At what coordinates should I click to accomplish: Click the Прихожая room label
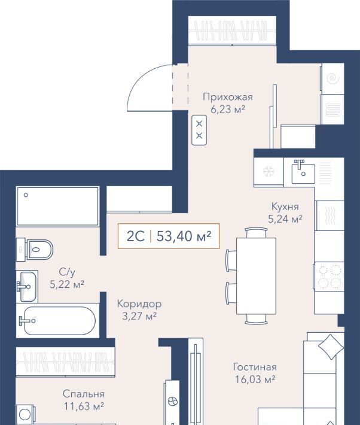click(x=228, y=97)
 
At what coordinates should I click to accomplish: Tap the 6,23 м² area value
click(x=228, y=110)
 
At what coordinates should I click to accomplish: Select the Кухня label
click(x=285, y=207)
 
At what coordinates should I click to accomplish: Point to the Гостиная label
click(x=255, y=367)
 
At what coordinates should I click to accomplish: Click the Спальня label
click(x=84, y=394)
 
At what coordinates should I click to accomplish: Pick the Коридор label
click(x=139, y=304)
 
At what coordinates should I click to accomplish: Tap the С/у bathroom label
click(x=67, y=272)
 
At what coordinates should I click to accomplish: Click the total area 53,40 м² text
click(x=184, y=236)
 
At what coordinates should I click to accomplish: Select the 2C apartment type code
click(x=136, y=236)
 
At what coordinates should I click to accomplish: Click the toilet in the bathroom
click(x=35, y=250)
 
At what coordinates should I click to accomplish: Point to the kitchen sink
click(x=303, y=172)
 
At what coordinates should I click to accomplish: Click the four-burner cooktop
click(x=329, y=276)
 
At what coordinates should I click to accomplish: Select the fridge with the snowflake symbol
click(x=269, y=171)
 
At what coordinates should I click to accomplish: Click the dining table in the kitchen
click(x=257, y=276)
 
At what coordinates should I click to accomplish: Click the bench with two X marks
click(x=199, y=130)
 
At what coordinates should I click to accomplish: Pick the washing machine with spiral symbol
click(x=332, y=79)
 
